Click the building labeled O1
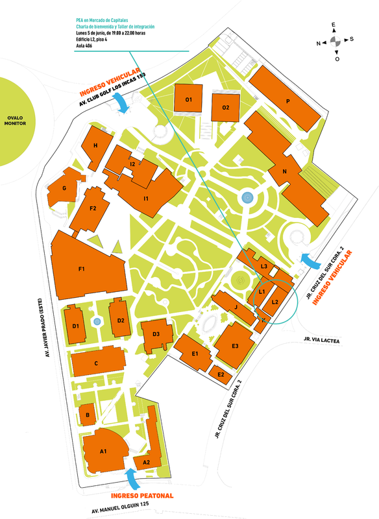coord(189,101)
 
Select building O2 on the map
coord(226,107)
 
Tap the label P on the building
coord(286,102)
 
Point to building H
coord(95,146)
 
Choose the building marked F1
coord(82,268)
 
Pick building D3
coord(156,334)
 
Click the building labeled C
coord(95,364)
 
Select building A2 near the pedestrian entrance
coord(147,461)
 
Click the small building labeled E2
coord(221,374)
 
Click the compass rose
coord(335,41)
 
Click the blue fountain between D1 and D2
coord(97,321)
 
